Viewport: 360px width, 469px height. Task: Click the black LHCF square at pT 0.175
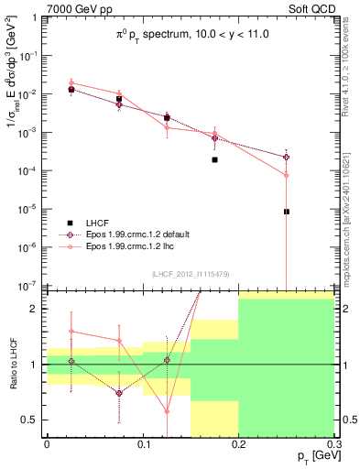[x=214, y=159]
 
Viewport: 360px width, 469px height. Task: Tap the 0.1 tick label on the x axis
[x=143, y=442]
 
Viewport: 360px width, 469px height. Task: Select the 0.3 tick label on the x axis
[x=333, y=442]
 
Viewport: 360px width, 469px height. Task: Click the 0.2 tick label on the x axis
[x=238, y=442]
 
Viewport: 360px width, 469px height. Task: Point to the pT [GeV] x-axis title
[x=311, y=456]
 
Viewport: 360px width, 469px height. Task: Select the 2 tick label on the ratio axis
[x=37, y=309]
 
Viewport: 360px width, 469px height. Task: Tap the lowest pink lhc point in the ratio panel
[x=167, y=411]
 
